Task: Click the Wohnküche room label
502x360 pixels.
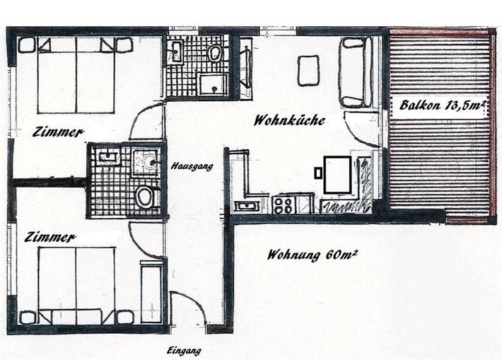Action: click(x=289, y=120)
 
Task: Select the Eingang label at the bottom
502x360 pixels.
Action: click(x=184, y=351)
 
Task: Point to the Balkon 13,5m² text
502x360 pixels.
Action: click(x=442, y=106)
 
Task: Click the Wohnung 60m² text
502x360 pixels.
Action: click(x=311, y=255)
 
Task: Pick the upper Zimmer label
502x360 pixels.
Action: click(x=58, y=132)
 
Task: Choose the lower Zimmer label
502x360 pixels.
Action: click(x=49, y=238)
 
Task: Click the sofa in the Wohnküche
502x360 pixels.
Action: click(x=355, y=72)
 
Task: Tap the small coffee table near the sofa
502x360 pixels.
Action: click(x=308, y=71)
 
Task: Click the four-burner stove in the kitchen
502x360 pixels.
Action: click(x=284, y=205)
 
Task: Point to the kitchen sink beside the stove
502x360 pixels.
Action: click(x=247, y=206)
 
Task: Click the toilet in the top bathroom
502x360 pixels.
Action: click(x=216, y=53)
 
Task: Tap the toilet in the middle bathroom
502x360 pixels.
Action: click(x=145, y=197)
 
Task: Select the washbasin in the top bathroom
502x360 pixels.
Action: click(x=176, y=51)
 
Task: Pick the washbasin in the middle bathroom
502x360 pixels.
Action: click(x=108, y=157)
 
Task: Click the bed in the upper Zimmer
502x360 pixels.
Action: click(x=76, y=74)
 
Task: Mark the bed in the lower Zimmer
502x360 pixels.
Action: click(x=76, y=283)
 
